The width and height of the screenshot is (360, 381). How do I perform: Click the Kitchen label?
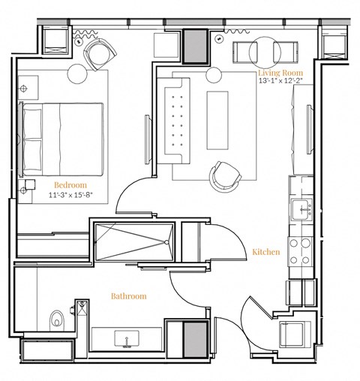(x=265, y=252)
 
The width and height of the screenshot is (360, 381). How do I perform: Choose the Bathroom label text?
(x=129, y=296)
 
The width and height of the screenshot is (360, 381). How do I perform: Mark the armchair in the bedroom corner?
(x=100, y=52)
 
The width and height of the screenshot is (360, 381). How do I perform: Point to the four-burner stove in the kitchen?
(x=302, y=250)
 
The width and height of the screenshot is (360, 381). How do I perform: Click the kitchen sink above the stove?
(x=303, y=208)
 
